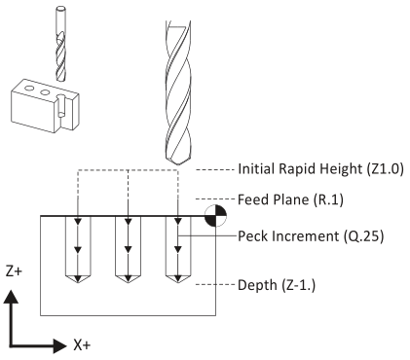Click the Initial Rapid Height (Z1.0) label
(x=320, y=169)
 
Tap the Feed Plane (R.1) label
(x=290, y=199)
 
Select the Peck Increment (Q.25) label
(x=311, y=236)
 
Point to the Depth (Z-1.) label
(x=277, y=285)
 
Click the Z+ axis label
(x=14, y=271)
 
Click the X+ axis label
(x=82, y=344)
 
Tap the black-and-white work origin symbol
(x=215, y=215)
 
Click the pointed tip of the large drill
(x=177, y=164)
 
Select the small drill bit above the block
(x=60, y=45)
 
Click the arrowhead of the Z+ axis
(x=12, y=297)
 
